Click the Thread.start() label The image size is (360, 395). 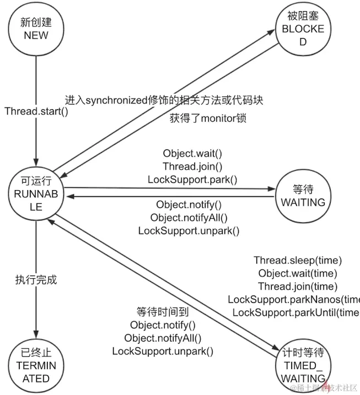point(36,111)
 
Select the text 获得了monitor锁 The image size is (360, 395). point(208,118)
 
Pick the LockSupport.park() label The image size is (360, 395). point(192,179)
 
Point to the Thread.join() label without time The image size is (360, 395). point(192,166)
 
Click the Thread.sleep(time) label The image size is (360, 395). point(298,260)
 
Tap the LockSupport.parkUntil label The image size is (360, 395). point(295,312)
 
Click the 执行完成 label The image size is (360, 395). point(36,280)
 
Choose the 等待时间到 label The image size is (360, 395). point(163,312)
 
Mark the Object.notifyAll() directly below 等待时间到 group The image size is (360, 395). point(163,338)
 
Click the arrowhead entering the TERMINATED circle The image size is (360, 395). point(36,333)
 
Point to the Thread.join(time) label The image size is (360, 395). point(298,286)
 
